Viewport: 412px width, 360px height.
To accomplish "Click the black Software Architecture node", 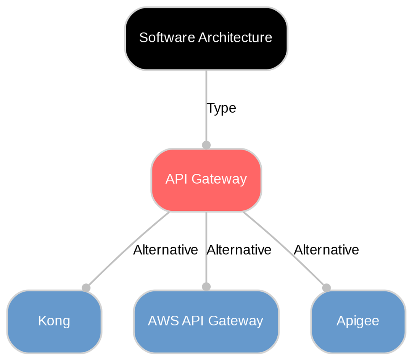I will click(206, 38).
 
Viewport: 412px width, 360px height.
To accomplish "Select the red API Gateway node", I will click(206, 179).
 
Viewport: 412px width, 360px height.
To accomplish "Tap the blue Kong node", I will click(54, 321).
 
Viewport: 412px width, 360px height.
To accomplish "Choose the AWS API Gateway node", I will click(206, 321).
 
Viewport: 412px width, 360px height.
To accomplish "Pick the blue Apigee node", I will click(357, 321).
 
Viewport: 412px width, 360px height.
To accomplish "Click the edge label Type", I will click(221, 108).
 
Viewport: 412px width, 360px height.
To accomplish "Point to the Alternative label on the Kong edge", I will click(165, 250).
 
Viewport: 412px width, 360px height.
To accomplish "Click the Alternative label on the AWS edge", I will click(239, 250).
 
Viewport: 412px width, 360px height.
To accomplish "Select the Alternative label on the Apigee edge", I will click(326, 250).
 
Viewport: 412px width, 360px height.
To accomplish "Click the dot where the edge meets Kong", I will click(86, 287).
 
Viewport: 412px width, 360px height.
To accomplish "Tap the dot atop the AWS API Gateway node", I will click(206, 287).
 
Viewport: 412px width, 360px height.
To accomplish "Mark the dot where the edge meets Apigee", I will click(326, 287).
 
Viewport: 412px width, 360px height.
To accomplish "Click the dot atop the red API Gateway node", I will click(206, 145).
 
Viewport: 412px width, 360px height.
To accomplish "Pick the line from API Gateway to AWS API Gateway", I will click(206, 267).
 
